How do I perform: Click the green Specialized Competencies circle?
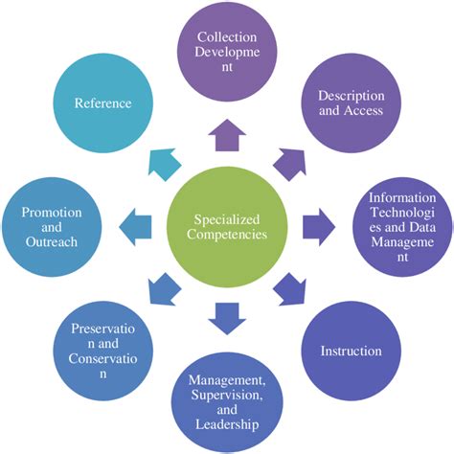pyautogui.click(x=227, y=227)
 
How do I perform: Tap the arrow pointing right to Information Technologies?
pyautogui.click(x=319, y=228)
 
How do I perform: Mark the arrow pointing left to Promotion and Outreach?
pyautogui.click(x=135, y=228)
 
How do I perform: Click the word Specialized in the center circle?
pyautogui.click(x=227, y=218)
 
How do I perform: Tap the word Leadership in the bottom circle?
pyautogui.click(x=227, y=422)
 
